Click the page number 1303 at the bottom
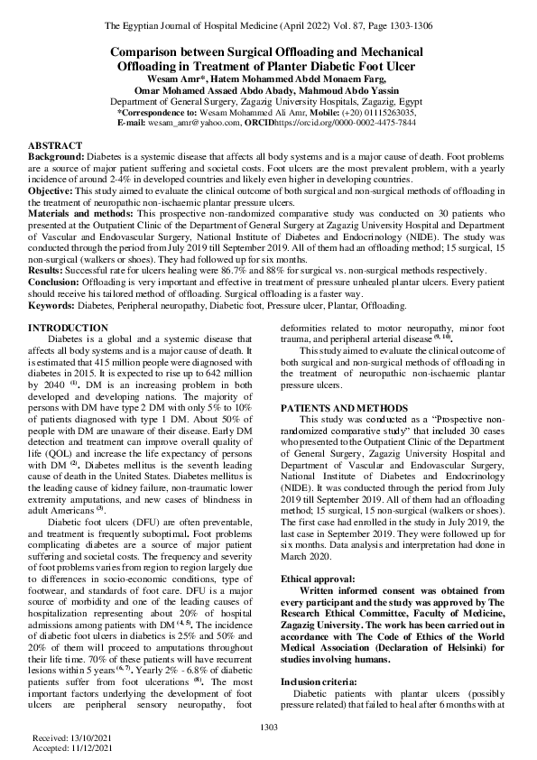[268, 728]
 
